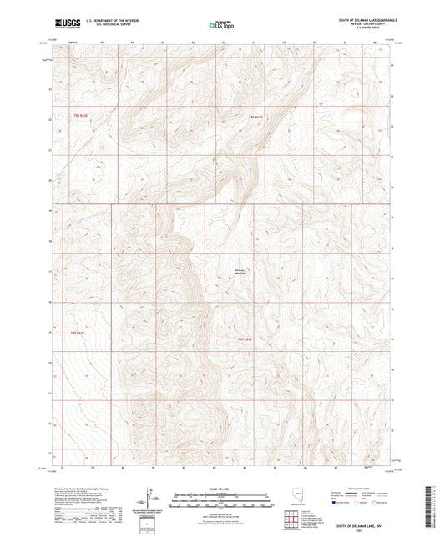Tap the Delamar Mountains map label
(x=240, y=271)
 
